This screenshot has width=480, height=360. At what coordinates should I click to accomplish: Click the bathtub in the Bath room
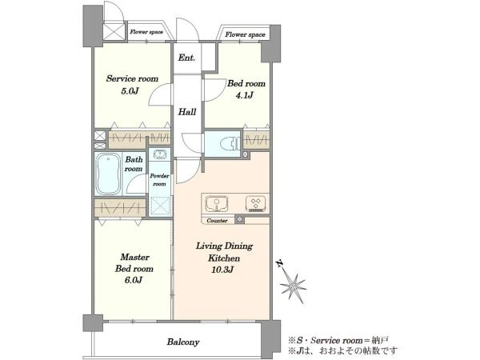click(x=108, y=174)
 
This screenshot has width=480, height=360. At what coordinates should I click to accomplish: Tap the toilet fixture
click(x=230, y=143)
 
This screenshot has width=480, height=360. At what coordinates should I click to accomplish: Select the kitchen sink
click(x=217, y=203)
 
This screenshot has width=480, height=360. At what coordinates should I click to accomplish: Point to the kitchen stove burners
click(x=256, y=203)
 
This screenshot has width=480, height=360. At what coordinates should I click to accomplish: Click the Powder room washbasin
click(x=159, y=154)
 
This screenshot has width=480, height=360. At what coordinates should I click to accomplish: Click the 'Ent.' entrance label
click(x=186, y=58)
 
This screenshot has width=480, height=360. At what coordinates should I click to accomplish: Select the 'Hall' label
click(x=187, y=112)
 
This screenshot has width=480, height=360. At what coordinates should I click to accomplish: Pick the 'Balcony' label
click(x=183, y=342)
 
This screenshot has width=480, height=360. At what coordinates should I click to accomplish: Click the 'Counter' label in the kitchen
click(x=217, y=221)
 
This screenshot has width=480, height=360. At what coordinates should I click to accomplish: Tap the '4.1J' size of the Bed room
click(x=244, y=95)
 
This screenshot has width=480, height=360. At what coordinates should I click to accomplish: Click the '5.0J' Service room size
click(x=130, y=91)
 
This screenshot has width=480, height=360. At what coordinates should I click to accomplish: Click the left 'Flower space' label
click(x=146, y=32)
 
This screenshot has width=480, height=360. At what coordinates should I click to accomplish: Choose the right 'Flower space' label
click(x=246, y=34)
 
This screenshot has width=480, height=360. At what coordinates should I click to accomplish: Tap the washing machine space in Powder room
click(x=160, y=206)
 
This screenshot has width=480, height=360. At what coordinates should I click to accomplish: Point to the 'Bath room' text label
click(x=134, y=164)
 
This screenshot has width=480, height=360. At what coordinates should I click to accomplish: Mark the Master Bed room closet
click(x=120, y=209)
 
